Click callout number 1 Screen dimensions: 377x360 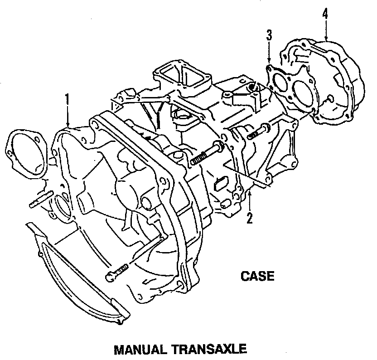coord(67,99)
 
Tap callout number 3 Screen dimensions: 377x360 coord(269,35)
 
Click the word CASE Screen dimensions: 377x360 coord(258,276)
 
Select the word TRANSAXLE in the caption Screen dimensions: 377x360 coord(210,350)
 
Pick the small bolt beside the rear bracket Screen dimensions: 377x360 coord(256,132)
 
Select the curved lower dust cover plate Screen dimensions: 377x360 coord(77,277)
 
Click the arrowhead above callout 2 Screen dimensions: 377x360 coord(249,195)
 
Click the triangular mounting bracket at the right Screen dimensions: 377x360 coord(276,150)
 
